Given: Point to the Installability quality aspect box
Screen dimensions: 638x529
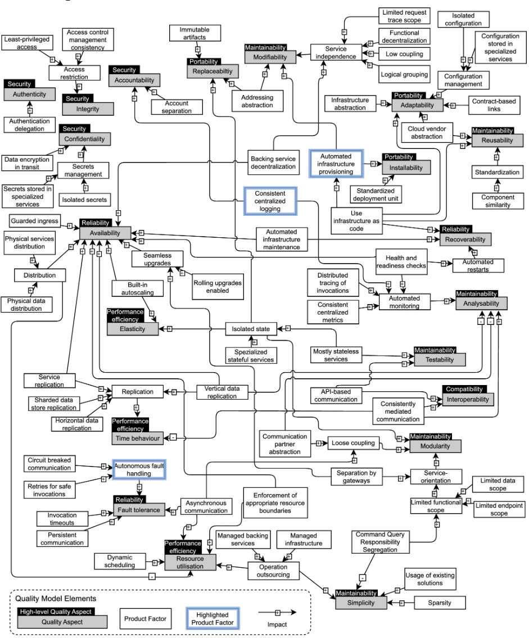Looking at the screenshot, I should point(406,167).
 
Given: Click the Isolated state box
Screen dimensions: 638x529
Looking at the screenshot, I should point(251,328).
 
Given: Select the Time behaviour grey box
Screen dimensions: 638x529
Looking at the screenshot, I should point(135,437).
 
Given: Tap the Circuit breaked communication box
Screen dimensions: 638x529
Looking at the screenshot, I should point(49,463).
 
